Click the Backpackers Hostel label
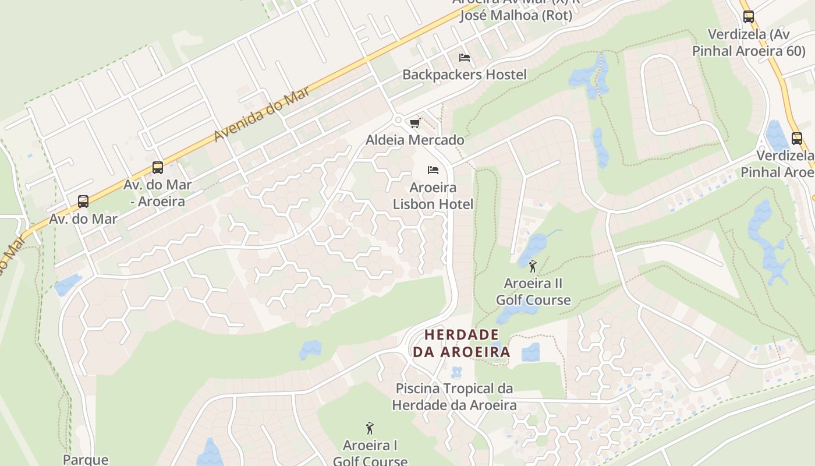point(464,75)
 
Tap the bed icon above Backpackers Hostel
point(464,57)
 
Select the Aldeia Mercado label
point(414,140)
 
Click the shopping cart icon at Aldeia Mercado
point(414,123)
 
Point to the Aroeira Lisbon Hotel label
point(433,196)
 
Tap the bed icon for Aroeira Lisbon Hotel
point(433,170)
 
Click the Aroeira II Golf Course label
point(533,292)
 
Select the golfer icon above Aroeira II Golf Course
point(532,267)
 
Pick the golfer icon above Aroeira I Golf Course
point(369,429)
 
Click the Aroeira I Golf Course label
point(370,453)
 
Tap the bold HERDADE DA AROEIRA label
point(461,343)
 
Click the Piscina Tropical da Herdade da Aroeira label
point(454,397)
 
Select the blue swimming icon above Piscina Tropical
point(456,372)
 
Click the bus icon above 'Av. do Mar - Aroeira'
point(157,168)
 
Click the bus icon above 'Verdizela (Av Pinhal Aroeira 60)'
point(748,17)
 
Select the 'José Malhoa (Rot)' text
point(516,16)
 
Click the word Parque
point(86,460)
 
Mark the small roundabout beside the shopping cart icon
point(398,120)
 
